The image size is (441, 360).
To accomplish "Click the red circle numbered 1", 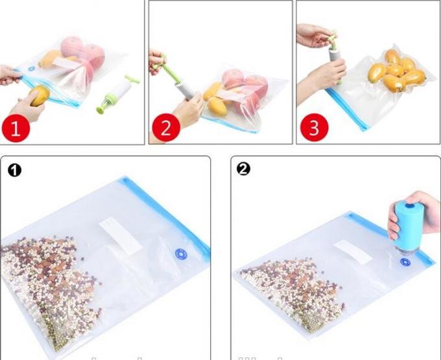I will (x=16, y=127).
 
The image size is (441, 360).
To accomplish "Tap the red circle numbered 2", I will (x=165, y=127).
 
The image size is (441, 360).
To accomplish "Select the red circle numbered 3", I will (x=314, y=127).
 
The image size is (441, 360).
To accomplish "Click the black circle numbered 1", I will (x=14, y=170).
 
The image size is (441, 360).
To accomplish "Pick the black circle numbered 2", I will (x=243, y=169).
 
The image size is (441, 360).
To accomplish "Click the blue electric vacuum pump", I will (x=407, y=227).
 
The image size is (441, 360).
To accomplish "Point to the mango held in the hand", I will (x=38, y=95).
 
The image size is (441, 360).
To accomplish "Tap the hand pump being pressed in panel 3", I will (x=336, y=52).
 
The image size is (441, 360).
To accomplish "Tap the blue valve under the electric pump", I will (x=405, y=261).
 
